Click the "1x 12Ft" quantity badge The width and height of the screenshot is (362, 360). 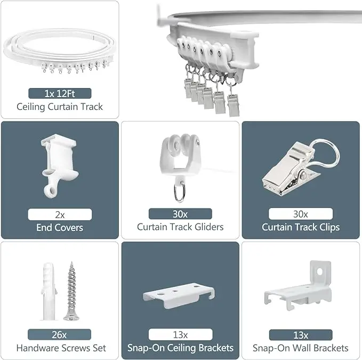tap(60, 93)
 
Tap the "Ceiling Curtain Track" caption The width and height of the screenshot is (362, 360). tap(60, 107)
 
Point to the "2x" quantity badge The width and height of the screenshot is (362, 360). tap(60, 214)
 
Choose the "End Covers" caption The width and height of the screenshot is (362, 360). tap(60, 228)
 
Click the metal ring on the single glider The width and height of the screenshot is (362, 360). tap(180, 193)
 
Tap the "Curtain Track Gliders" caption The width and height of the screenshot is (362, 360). tap(180, 227)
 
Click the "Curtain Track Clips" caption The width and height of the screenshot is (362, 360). tap(301, 227)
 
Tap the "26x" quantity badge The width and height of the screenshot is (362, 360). tap(60, 335)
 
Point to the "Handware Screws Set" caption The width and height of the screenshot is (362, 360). tap(61, 348)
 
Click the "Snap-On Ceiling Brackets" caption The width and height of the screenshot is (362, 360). tap(180, 348)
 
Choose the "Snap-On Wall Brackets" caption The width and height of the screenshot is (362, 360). tap(301, 348)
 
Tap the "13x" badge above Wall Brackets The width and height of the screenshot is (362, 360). tap(301, 335)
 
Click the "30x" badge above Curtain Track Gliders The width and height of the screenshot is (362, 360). tap(180, 214)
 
